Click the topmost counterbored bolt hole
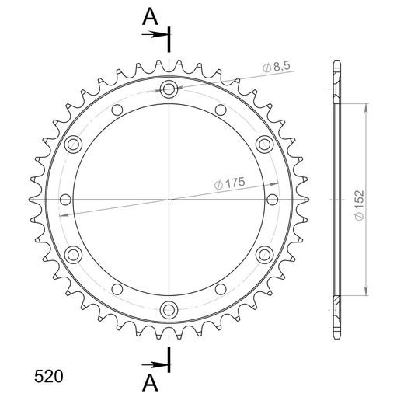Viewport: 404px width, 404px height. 169,89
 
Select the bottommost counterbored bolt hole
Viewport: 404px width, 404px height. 169,310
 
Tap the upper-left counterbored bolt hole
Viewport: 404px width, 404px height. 74,144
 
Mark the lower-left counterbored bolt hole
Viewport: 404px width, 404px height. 74,254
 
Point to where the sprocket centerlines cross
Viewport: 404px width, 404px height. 169,199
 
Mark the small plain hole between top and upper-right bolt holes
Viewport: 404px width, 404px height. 221,110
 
